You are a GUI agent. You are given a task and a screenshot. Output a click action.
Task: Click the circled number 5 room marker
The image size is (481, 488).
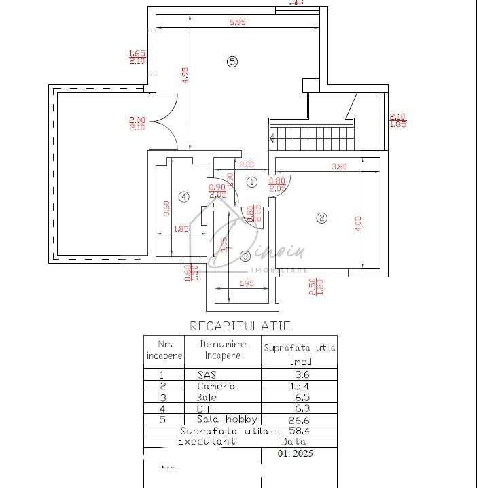232,62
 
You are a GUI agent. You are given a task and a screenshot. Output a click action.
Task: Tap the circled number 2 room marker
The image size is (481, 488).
322,218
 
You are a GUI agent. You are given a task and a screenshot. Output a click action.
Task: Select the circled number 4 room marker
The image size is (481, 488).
183,197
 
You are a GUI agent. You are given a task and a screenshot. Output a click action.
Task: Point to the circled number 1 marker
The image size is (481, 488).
251,181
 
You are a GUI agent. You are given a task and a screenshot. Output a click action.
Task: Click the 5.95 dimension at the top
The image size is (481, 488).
237,22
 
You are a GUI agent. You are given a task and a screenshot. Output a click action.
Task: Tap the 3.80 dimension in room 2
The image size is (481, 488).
338,167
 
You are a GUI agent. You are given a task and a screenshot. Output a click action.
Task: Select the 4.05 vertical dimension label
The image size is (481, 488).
358,224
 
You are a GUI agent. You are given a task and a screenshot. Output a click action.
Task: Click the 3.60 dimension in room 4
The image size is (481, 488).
166,207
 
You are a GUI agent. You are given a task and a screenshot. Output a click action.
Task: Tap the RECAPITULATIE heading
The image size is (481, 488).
240,327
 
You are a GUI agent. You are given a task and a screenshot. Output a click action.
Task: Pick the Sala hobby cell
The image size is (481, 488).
227,419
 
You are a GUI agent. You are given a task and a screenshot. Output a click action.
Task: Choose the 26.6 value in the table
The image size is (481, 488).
299,420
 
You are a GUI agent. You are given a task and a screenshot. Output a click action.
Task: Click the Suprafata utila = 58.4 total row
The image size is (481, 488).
240,431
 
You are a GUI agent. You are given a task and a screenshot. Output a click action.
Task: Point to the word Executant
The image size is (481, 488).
207,441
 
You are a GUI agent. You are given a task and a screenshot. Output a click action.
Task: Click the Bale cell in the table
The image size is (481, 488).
207,397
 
